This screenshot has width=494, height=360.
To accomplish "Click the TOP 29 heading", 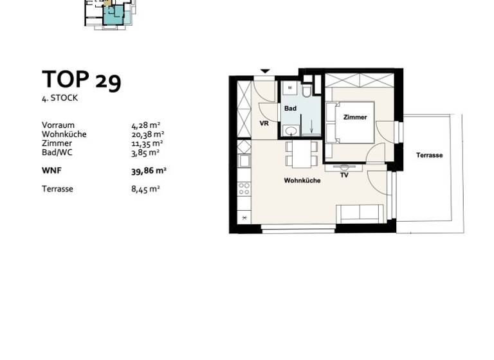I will click(x=81, y=80).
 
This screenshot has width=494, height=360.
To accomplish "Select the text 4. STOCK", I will click(x=60, y=98).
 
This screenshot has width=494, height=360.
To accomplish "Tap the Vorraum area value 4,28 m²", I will click(x=145, y=125).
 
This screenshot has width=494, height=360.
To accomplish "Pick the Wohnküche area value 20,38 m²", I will click(x=147, y=134).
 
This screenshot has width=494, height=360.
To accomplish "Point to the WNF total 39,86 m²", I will click(x=149, y=171).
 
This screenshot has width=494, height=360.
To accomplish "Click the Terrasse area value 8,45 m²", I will click(x=145, y=189).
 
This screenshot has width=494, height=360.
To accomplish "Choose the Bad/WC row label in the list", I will click(x=56, y=152).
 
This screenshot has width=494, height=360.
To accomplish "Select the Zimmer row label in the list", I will click(x=55, y=143).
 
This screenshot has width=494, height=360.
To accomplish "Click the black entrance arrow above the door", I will click(x=264, y=71).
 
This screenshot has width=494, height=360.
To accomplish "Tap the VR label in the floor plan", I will click(x=264, y=123).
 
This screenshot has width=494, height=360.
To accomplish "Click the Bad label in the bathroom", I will click(x=291, y=108).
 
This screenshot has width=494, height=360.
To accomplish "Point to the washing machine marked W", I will click(x=290, y=87).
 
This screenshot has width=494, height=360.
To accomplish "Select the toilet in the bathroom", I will click(x=306, y=91).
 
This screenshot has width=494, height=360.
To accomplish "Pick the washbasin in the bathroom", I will click(x=291, y=131).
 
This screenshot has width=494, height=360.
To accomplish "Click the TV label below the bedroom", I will click(x=344, y=175).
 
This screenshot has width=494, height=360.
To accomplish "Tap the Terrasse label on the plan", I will click(x=429, y=155).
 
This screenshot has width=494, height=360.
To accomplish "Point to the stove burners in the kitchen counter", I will click(x=244, y=188).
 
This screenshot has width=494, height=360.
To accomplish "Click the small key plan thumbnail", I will click(x=110, y=13).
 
